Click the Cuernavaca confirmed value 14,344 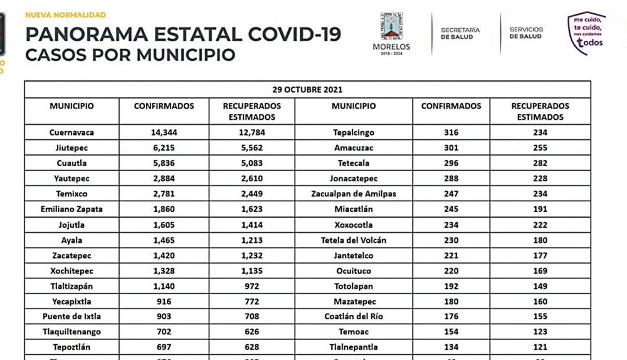[164, 132]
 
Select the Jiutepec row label [71, 148]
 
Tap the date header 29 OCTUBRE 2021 [307, 90]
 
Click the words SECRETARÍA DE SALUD [460, 33]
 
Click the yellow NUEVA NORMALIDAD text [65, 14]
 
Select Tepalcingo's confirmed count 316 [451, 132]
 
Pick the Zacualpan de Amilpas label [354, 194]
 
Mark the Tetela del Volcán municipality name [354, 240]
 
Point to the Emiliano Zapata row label [71, 209]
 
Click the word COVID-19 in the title [288, 34]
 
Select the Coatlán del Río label [354, 317]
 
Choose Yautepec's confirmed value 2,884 [164, 179]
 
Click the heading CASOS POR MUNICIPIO [130, 55]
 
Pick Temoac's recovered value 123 [540, 332]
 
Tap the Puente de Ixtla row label [71, 317]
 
